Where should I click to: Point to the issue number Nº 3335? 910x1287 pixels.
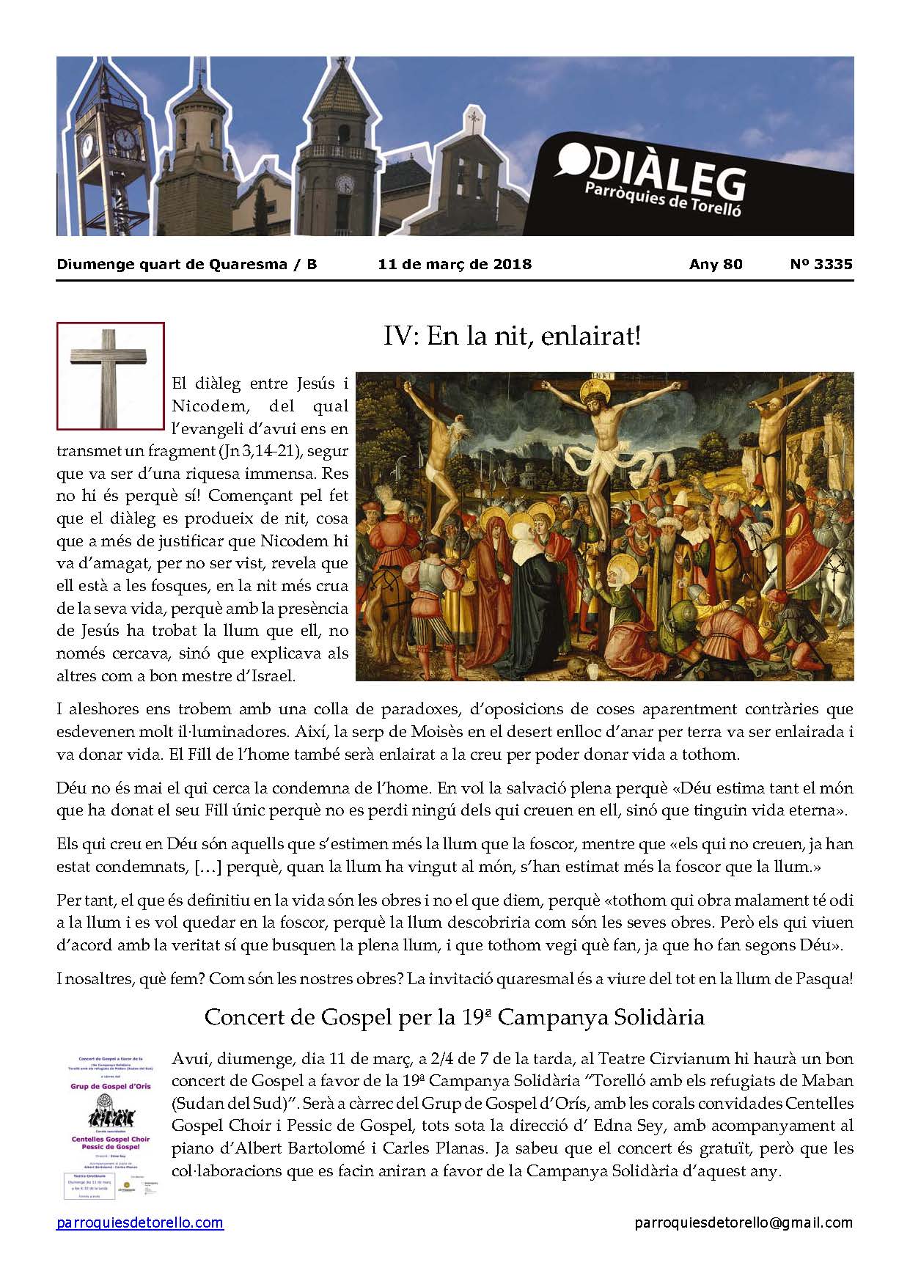click(821, 264)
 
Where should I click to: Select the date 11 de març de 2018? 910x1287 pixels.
click(455, 264)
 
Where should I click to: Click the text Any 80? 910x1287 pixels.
click(716, 264)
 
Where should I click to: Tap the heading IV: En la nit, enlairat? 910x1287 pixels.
click(512, 337)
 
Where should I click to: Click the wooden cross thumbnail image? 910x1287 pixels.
click(111, 375)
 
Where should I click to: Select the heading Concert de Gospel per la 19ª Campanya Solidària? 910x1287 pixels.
click(454, 1017)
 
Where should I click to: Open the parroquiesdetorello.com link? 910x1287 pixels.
click(140, 1222)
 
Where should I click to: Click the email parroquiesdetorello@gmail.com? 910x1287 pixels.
click(744, 1222)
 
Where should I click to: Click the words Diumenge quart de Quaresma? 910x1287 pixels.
click(172, 264)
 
